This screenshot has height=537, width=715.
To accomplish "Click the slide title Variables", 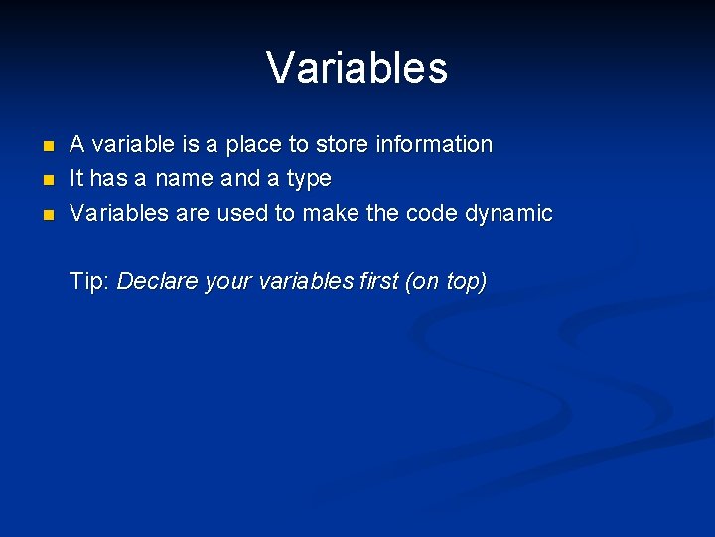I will pyautogui.click(x=357, y=68).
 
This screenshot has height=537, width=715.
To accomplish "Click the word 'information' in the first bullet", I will pyautogui.click(x=433, y=144).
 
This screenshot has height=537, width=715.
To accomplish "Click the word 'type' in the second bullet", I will pyautogui.click(x=308, y=180).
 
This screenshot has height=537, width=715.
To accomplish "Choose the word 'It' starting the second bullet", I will pyautogui.click(x=76, y=179).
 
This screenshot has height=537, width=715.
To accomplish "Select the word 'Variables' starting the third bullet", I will pyautogui.click(x=118, y=213).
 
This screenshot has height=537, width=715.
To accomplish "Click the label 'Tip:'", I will pyautogui.click(x=89, y=282).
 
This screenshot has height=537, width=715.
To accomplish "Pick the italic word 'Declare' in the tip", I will pyautogui.click(x=157, y=282).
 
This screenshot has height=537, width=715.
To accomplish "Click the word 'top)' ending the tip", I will pyautogui.click(x=465, y=283).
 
